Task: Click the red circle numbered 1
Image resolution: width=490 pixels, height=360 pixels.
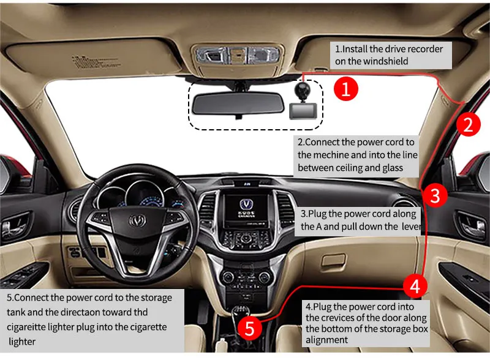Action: point(345,89)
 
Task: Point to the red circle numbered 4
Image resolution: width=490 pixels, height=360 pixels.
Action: point(415,285)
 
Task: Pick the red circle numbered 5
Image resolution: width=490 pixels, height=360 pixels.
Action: point(249,328)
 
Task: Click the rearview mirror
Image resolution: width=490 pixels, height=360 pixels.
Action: point(236,103)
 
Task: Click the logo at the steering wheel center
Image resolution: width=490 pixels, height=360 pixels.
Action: point(136,219)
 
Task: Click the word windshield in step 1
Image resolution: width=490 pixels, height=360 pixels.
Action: point(383,61)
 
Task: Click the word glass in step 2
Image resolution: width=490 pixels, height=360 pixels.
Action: point(386,167)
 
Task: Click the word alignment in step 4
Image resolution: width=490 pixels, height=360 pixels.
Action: point(327,340)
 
